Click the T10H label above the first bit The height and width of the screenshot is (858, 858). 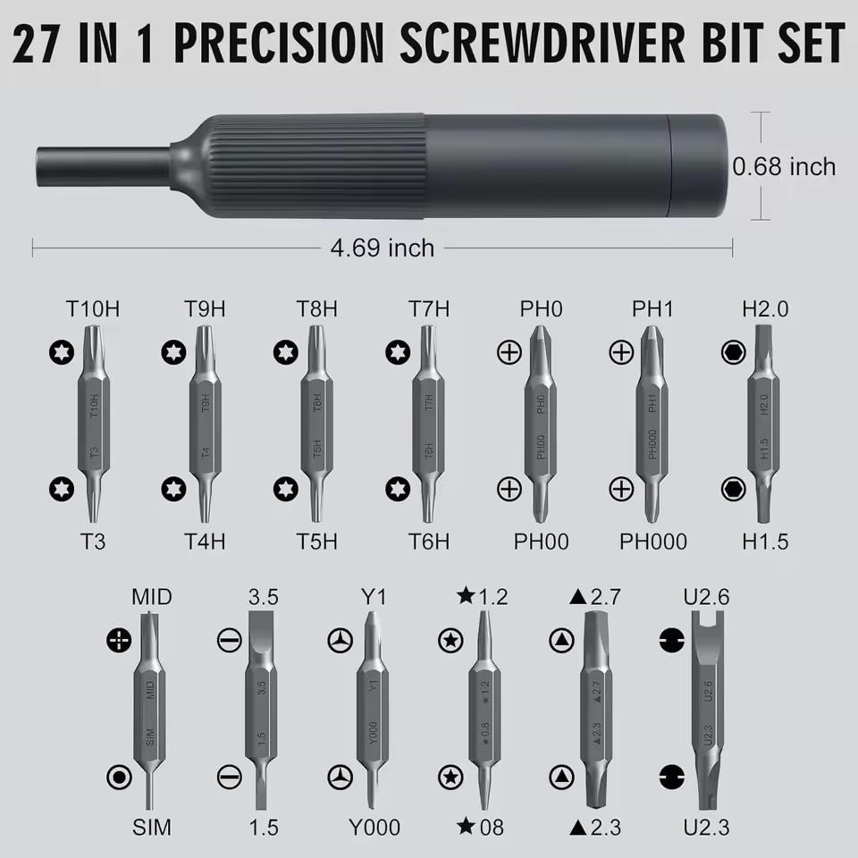(93, 309)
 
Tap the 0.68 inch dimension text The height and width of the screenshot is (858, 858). (784, 167)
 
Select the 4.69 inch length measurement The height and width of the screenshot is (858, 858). (382, 248)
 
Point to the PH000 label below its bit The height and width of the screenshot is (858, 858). (653, 541)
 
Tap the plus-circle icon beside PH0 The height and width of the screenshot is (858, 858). (509, 353)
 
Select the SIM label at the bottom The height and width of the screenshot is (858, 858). (151, 827)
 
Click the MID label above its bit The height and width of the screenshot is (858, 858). (151, 597)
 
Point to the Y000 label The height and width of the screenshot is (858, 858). (374, 827)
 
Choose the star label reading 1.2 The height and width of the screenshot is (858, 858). (483, 597)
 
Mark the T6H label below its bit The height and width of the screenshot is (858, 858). (429, 541)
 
